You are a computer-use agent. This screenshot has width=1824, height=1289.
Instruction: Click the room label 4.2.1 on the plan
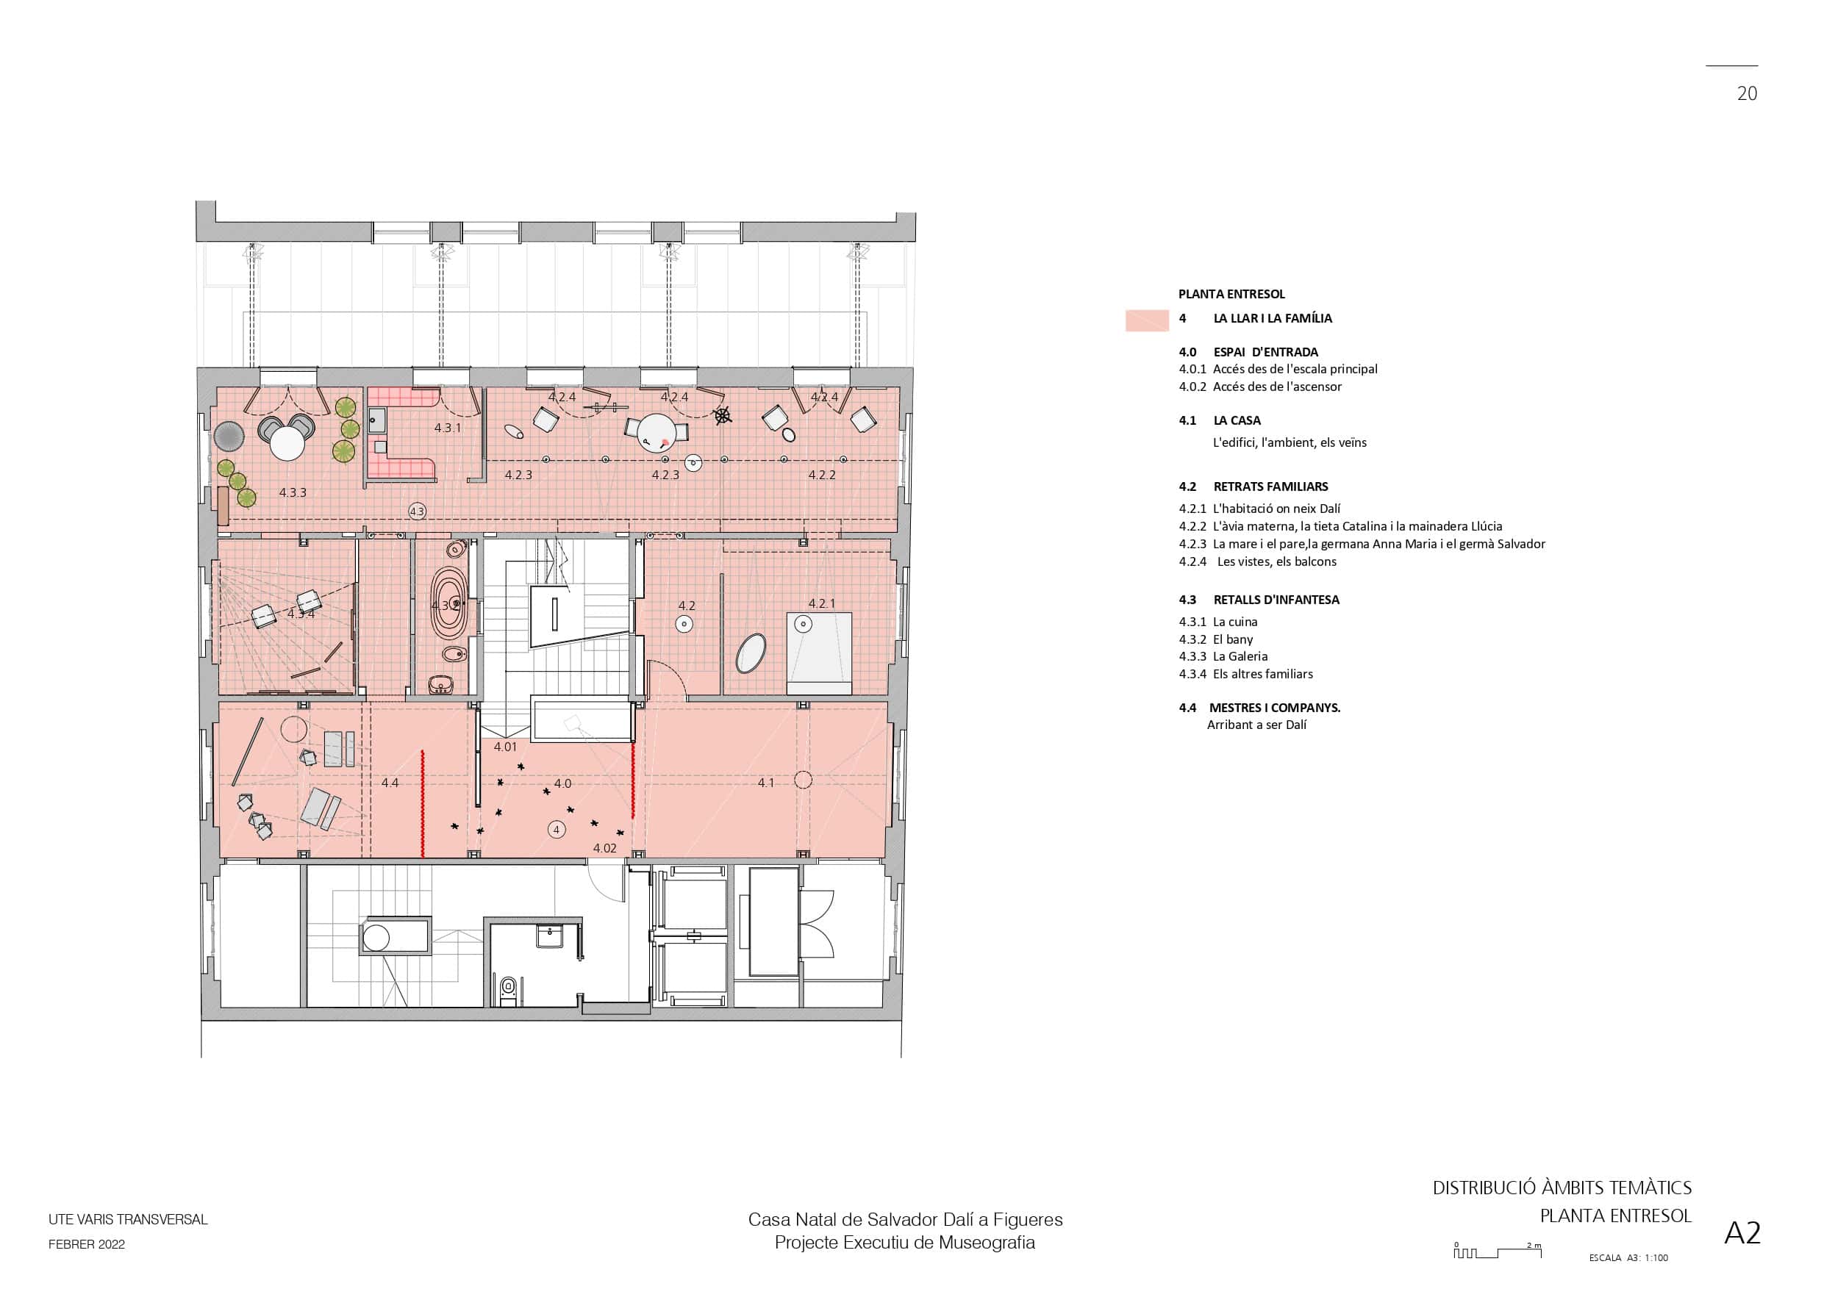click(x=821, y=603)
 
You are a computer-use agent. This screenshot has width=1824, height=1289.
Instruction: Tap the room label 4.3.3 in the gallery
click(x=293, y=492)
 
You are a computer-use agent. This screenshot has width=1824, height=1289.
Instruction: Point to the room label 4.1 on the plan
click(x=766, y=783)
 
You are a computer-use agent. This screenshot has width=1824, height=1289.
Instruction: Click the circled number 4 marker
click(x=556, y=830)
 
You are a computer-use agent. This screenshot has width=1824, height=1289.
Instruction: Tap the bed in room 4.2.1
click(x=819, y=653)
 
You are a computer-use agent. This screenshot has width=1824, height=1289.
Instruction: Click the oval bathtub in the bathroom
click(x=450, y=604)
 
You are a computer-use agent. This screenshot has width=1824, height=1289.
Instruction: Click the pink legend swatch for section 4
click(x=1147, y=320)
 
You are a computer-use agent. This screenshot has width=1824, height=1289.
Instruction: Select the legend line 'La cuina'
click(x=1234, y=622)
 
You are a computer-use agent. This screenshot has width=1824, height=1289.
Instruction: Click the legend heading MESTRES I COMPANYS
click(x=1274, y=708)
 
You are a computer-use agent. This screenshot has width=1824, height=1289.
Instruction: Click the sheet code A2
click(x=1743, y=1232)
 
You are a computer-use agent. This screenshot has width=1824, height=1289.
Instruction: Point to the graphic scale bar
click(x=1498, y=1252)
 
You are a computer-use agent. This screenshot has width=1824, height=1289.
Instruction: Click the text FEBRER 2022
click(x=87, y=1244)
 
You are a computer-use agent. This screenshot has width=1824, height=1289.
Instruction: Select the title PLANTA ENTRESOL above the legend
click(x=1231, y=294)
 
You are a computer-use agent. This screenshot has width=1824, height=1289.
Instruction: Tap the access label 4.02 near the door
click(x=604, y=848)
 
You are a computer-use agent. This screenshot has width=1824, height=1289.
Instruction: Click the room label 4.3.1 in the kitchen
click(x=447, y=428)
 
